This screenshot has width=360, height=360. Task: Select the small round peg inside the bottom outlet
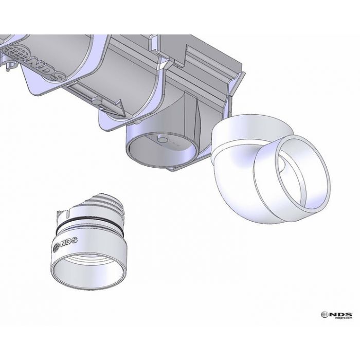[161, 138]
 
